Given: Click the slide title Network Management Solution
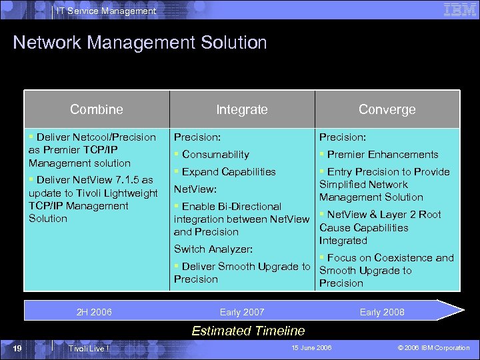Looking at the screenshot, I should pos(140,43).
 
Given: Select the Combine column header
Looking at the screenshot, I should pos(97,109).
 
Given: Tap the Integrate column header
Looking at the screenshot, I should pos(241,109).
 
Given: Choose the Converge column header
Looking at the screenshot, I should pos(387,109).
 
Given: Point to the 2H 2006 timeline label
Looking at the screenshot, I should pos(94,312).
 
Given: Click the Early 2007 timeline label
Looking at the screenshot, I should pos(242,312).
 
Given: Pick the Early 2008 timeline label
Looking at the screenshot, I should pos(382,312).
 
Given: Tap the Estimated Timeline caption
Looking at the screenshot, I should pos(248,331).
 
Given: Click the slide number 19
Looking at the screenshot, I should pos(18,348).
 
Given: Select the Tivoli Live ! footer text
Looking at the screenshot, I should pos(89,349).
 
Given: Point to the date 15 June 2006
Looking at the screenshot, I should pos(312,348).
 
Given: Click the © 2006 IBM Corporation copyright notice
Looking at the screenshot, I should pos(433,348).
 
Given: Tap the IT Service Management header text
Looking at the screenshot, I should pos(107,11).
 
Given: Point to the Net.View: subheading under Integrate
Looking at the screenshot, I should pos(195,189).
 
